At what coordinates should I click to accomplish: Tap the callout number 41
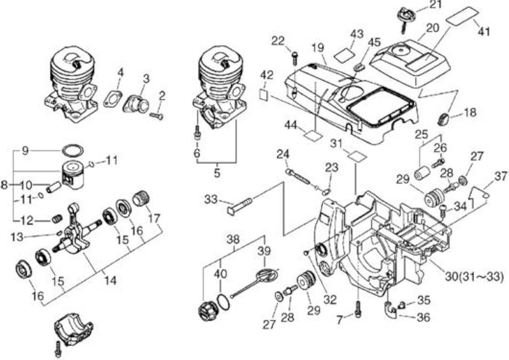click(484, 31)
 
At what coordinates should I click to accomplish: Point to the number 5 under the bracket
click(217, 173)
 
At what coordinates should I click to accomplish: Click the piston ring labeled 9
click(73, 150)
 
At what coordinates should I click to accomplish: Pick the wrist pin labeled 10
click(54, 186)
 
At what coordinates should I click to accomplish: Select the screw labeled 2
click(157, 116)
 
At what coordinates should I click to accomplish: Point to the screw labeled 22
click(295, 58)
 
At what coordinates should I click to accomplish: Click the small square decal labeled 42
click(264, 95)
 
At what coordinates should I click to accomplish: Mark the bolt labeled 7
click(358, 309)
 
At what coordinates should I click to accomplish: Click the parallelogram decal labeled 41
click(462, 15)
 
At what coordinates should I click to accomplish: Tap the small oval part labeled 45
click(359, 68)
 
